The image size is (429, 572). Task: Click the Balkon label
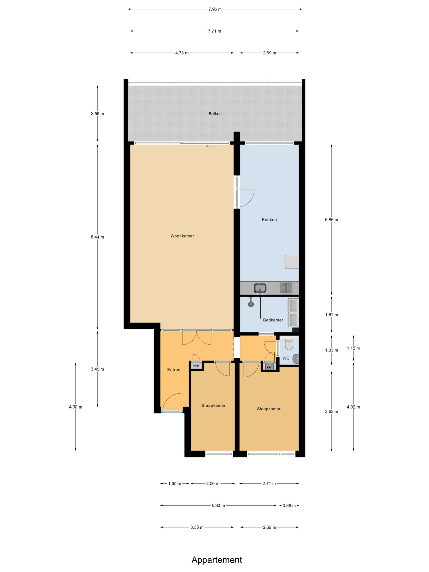(x=215, y=114)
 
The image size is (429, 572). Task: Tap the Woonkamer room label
(x=182, y=236)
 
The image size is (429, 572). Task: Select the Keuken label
(x=269, y=220)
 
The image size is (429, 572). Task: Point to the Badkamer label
(x=273, y=320)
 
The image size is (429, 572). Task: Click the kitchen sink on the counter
(x=260, y=288)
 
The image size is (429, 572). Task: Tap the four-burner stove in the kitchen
(x=286, y=288)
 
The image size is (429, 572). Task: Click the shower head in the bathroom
(x=251, y=304)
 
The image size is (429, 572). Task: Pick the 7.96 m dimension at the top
(x=215, y=9)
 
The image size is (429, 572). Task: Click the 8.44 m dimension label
(x=97, y=237)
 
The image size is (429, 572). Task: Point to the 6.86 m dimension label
(x=331, y=220)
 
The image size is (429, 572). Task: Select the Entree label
(x=174, y=370)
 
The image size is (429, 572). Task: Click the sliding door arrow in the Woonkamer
(x=211, y=146)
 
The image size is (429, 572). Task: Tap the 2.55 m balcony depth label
(x=97, y=114)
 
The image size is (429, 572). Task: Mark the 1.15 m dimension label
(x=353, y=348)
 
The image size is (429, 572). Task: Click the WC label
(x=286, y=358)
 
